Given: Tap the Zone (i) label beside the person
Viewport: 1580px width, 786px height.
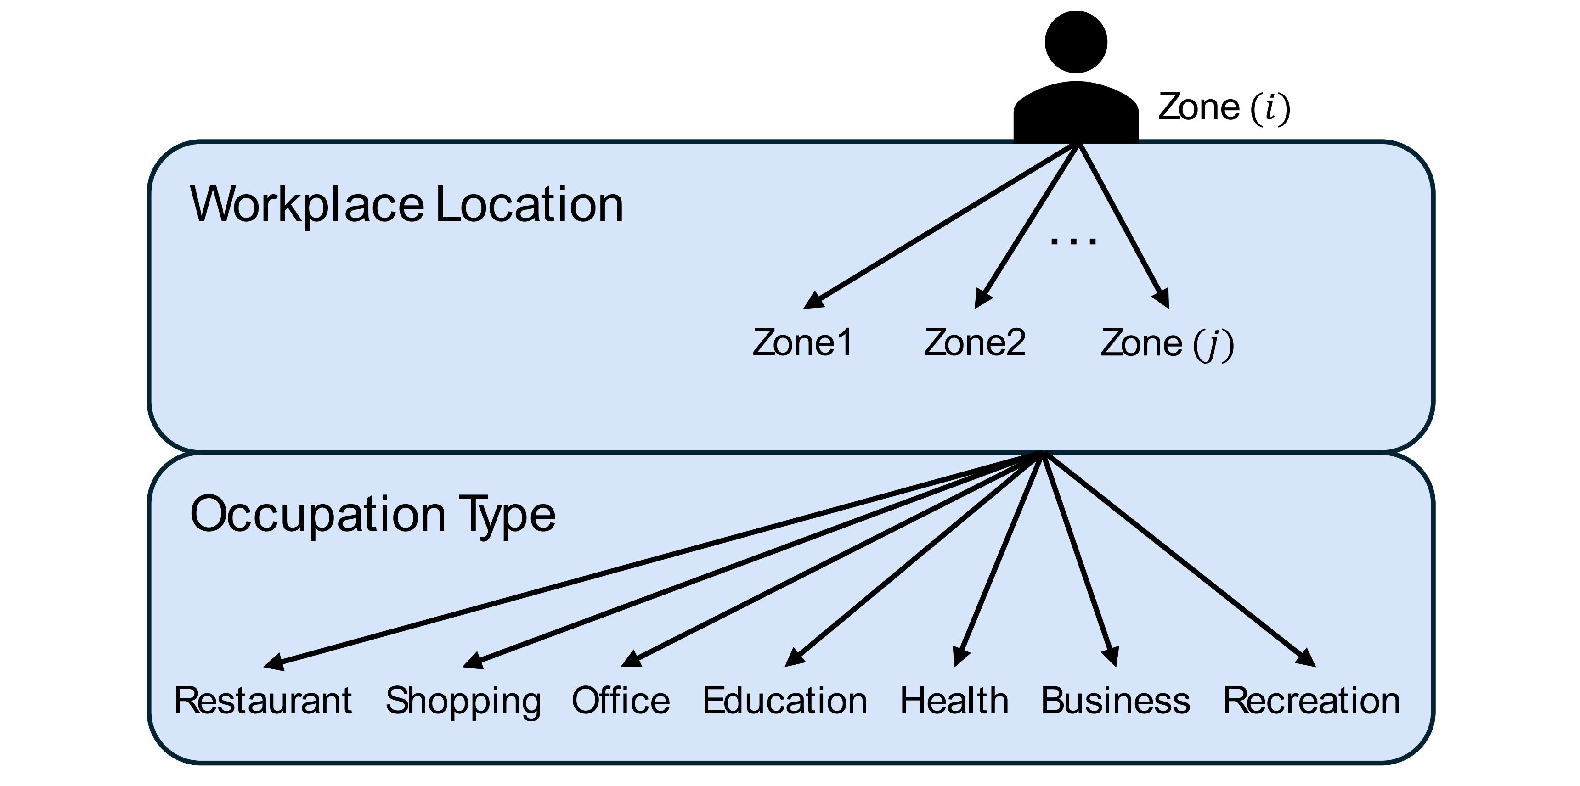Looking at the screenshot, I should click(x=1224, y=108).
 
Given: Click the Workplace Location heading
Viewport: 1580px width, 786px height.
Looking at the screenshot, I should click(x=406, y=204).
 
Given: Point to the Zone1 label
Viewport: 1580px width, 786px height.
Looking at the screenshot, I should click(x=802, y=342).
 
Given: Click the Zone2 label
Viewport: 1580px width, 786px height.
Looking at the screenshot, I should click(x=975, y=342).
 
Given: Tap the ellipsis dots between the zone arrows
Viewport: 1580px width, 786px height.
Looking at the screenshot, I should click(x=1073, y=241).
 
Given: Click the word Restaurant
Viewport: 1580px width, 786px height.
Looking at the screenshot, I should click(x=263, y=701).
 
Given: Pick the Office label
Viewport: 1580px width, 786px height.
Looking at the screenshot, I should click(x=621, y=701).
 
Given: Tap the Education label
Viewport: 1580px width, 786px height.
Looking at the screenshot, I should click(x=784, y=701).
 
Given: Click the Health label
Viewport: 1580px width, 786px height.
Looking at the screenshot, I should click(x=954, y=701).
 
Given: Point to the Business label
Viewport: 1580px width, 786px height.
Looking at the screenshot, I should click(x=1115, y=701).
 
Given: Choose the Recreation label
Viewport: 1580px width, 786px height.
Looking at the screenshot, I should click(x=1311, y=701).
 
